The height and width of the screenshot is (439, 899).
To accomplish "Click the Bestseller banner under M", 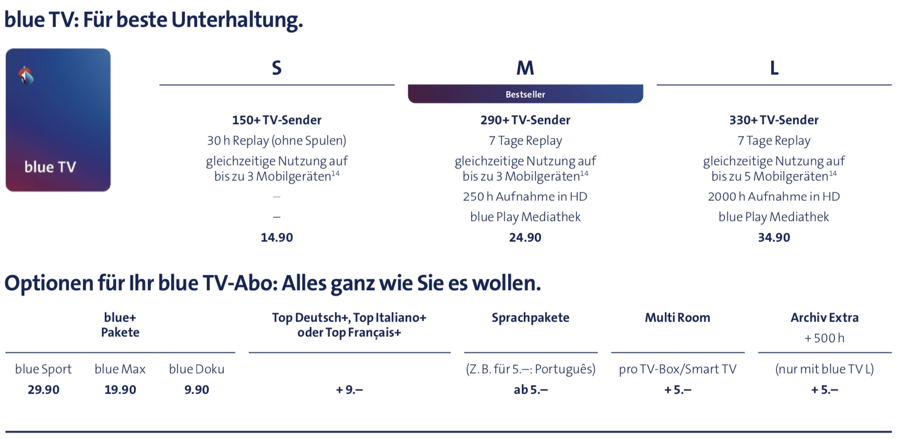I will point(525,94).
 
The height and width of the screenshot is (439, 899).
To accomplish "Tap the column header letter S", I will point(276,68).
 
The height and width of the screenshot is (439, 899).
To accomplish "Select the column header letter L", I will point(774,68).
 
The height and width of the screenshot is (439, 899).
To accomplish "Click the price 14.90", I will point(276,237).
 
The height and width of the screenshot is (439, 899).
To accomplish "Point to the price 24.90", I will point(525,237).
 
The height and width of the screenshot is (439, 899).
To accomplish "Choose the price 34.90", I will point(774,237).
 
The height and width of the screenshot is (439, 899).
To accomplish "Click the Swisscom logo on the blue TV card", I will point(26,76).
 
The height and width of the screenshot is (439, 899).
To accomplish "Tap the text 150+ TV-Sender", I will point(276,120).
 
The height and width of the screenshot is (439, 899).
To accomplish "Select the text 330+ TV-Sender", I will point(774,120).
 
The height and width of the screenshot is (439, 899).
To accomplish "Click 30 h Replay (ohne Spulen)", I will point(276,140).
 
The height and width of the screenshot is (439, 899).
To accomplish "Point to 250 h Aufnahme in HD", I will point(525,196).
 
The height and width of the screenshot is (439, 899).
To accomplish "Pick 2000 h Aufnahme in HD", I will point(774,196).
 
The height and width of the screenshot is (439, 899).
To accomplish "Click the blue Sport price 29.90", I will point(43,389).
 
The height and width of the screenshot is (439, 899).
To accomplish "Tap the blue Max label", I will point(120,369).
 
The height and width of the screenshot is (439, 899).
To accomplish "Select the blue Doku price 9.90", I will point(196,389).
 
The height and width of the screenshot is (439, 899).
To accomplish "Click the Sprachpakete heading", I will point(531,317).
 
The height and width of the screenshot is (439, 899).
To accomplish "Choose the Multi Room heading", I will point(677,317).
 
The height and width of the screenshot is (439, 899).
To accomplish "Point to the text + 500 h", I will point(824,338).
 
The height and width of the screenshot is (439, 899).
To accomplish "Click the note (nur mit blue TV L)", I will point(824,369).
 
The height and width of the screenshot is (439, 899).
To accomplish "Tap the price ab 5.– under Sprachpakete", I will point(531,389).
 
